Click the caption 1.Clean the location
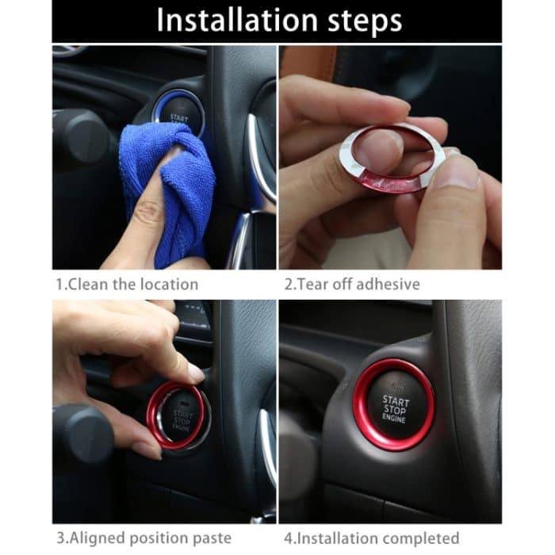[x=127, y=283]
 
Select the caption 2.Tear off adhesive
[x=352, y=283]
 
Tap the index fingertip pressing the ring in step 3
[x=194, y=373]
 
